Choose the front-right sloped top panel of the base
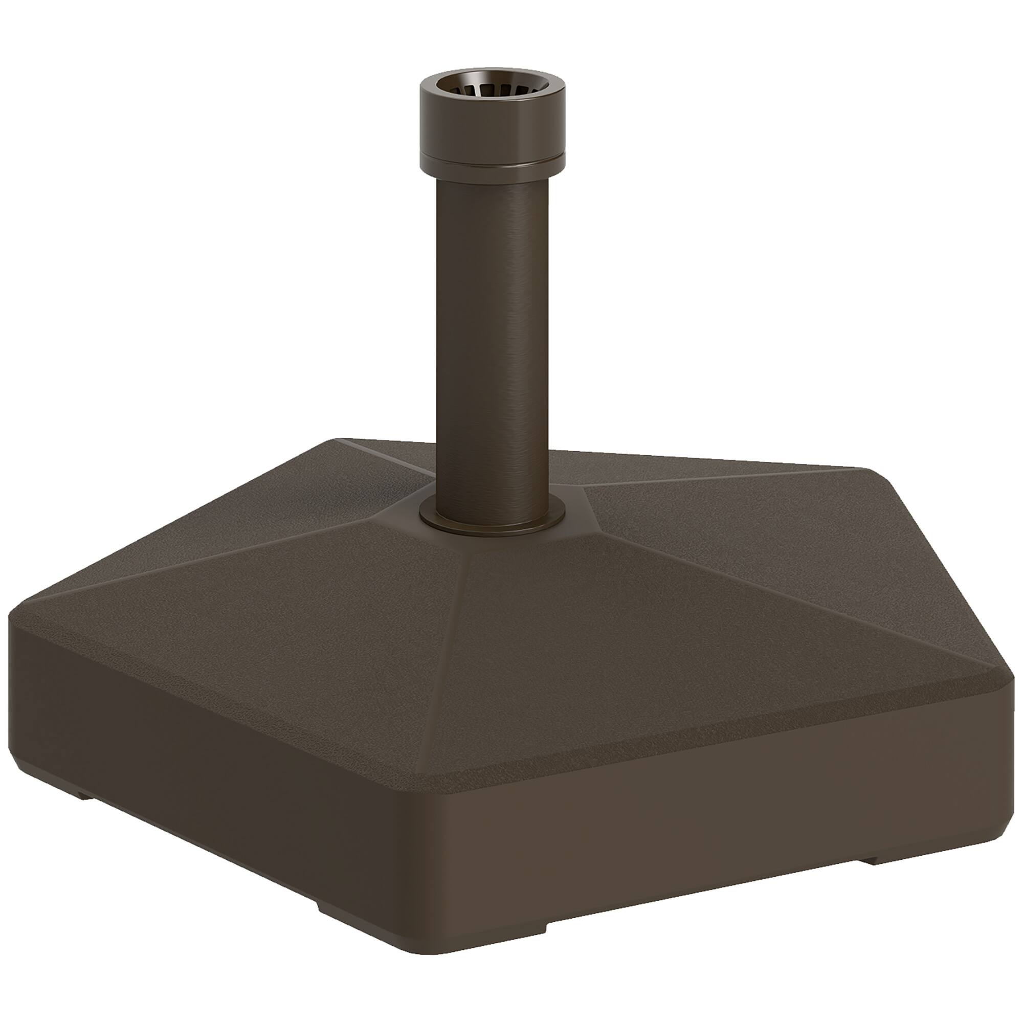[662, 662]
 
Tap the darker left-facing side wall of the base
[212, 794]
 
